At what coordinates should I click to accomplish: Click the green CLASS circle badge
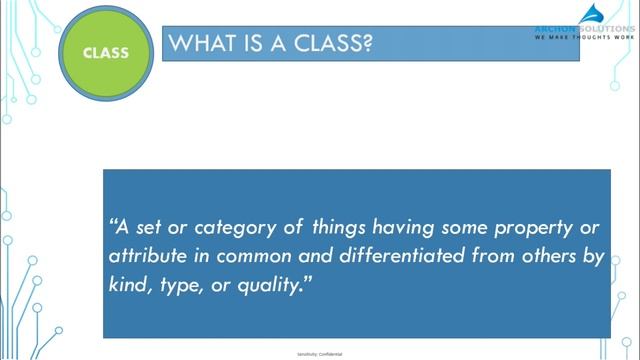[x=105, y=52]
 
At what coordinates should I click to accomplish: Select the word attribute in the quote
[x=148, y=256]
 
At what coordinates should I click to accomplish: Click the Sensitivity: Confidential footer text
[x=320, y=354]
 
